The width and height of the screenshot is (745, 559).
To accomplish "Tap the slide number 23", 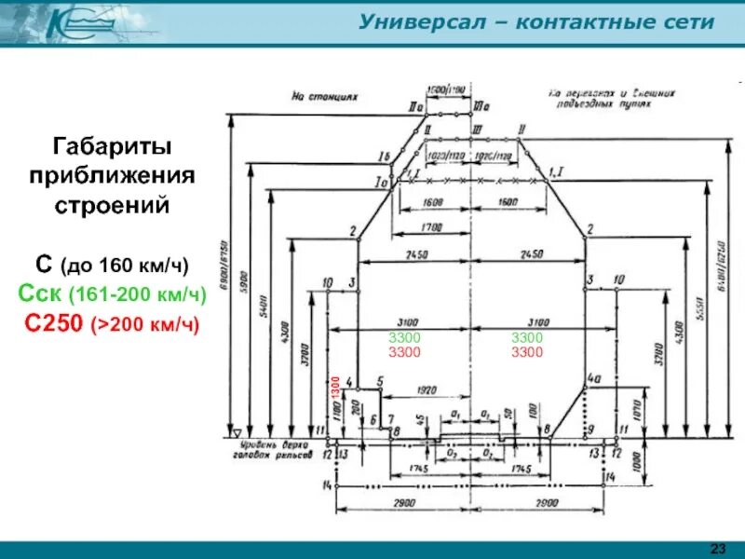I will point(718,546).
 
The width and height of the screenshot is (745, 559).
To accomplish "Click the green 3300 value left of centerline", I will point(404,337).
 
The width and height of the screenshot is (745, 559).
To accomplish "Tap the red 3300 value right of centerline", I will point(527,352).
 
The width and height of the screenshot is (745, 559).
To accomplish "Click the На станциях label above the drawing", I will point(324,95).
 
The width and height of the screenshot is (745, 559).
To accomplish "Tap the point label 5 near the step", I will point(380,381).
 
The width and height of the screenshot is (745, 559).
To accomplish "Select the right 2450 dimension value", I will point(531,254).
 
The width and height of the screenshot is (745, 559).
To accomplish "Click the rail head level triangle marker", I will point(237,432).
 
